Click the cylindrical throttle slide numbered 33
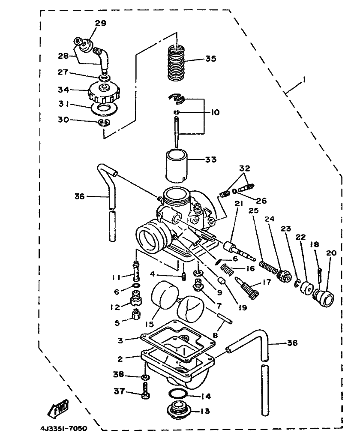click(x=177, y=166)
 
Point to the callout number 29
click(x=101, y=23)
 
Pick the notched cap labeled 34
click(x=104, y=93)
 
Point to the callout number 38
click(x=118, y=374)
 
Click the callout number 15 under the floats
click(x=149, y=324)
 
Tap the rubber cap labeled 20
click(x=323, y=298)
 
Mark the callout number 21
click(x=239, y=204)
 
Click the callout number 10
click(x=215, y=112)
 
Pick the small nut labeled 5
click(x=136, y=314)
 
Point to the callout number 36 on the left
click(x=79, y=196)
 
